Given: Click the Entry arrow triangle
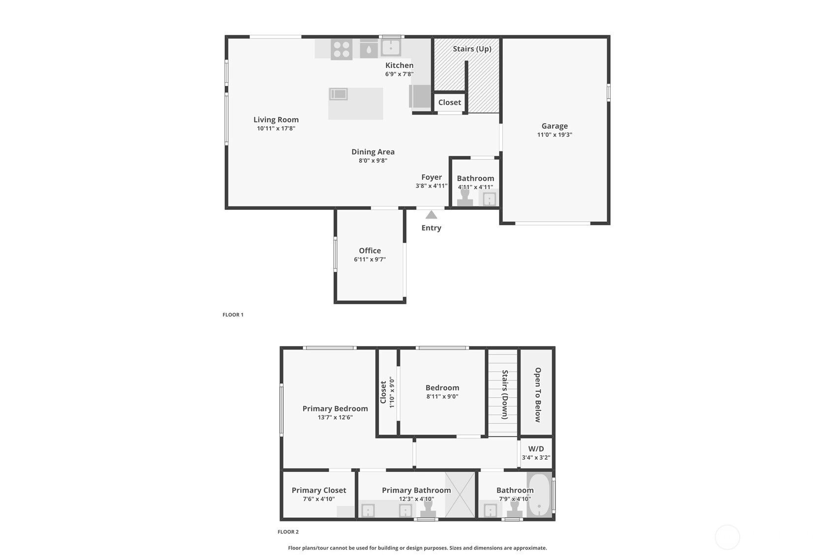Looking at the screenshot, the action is coord(432,215).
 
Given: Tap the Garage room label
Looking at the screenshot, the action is coord(555,126).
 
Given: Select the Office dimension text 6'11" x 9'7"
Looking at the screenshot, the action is coord(370,259).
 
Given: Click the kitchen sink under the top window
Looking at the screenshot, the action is coord(391,48).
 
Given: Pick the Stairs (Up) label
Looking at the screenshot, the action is coord(472,49).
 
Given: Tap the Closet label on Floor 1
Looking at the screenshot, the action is coord(450,102).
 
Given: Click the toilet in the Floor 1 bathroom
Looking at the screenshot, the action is coord(465,197).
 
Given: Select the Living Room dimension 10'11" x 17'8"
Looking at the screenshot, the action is coord(276,128).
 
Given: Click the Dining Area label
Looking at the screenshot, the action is coord(373,151).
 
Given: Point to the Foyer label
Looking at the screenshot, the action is coord(432,177).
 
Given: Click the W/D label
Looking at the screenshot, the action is coord(536,449).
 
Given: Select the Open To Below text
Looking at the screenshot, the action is coord(537,395).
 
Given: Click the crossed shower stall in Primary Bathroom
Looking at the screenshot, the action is coord(460,495).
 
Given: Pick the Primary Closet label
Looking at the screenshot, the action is coord(319,490).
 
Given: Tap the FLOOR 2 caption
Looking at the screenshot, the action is coord(288,532).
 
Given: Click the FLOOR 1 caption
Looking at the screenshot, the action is coord(233,315).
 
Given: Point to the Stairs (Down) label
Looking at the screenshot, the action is coord(505,395).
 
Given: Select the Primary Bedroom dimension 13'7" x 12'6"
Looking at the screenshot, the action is coord(335,417).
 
